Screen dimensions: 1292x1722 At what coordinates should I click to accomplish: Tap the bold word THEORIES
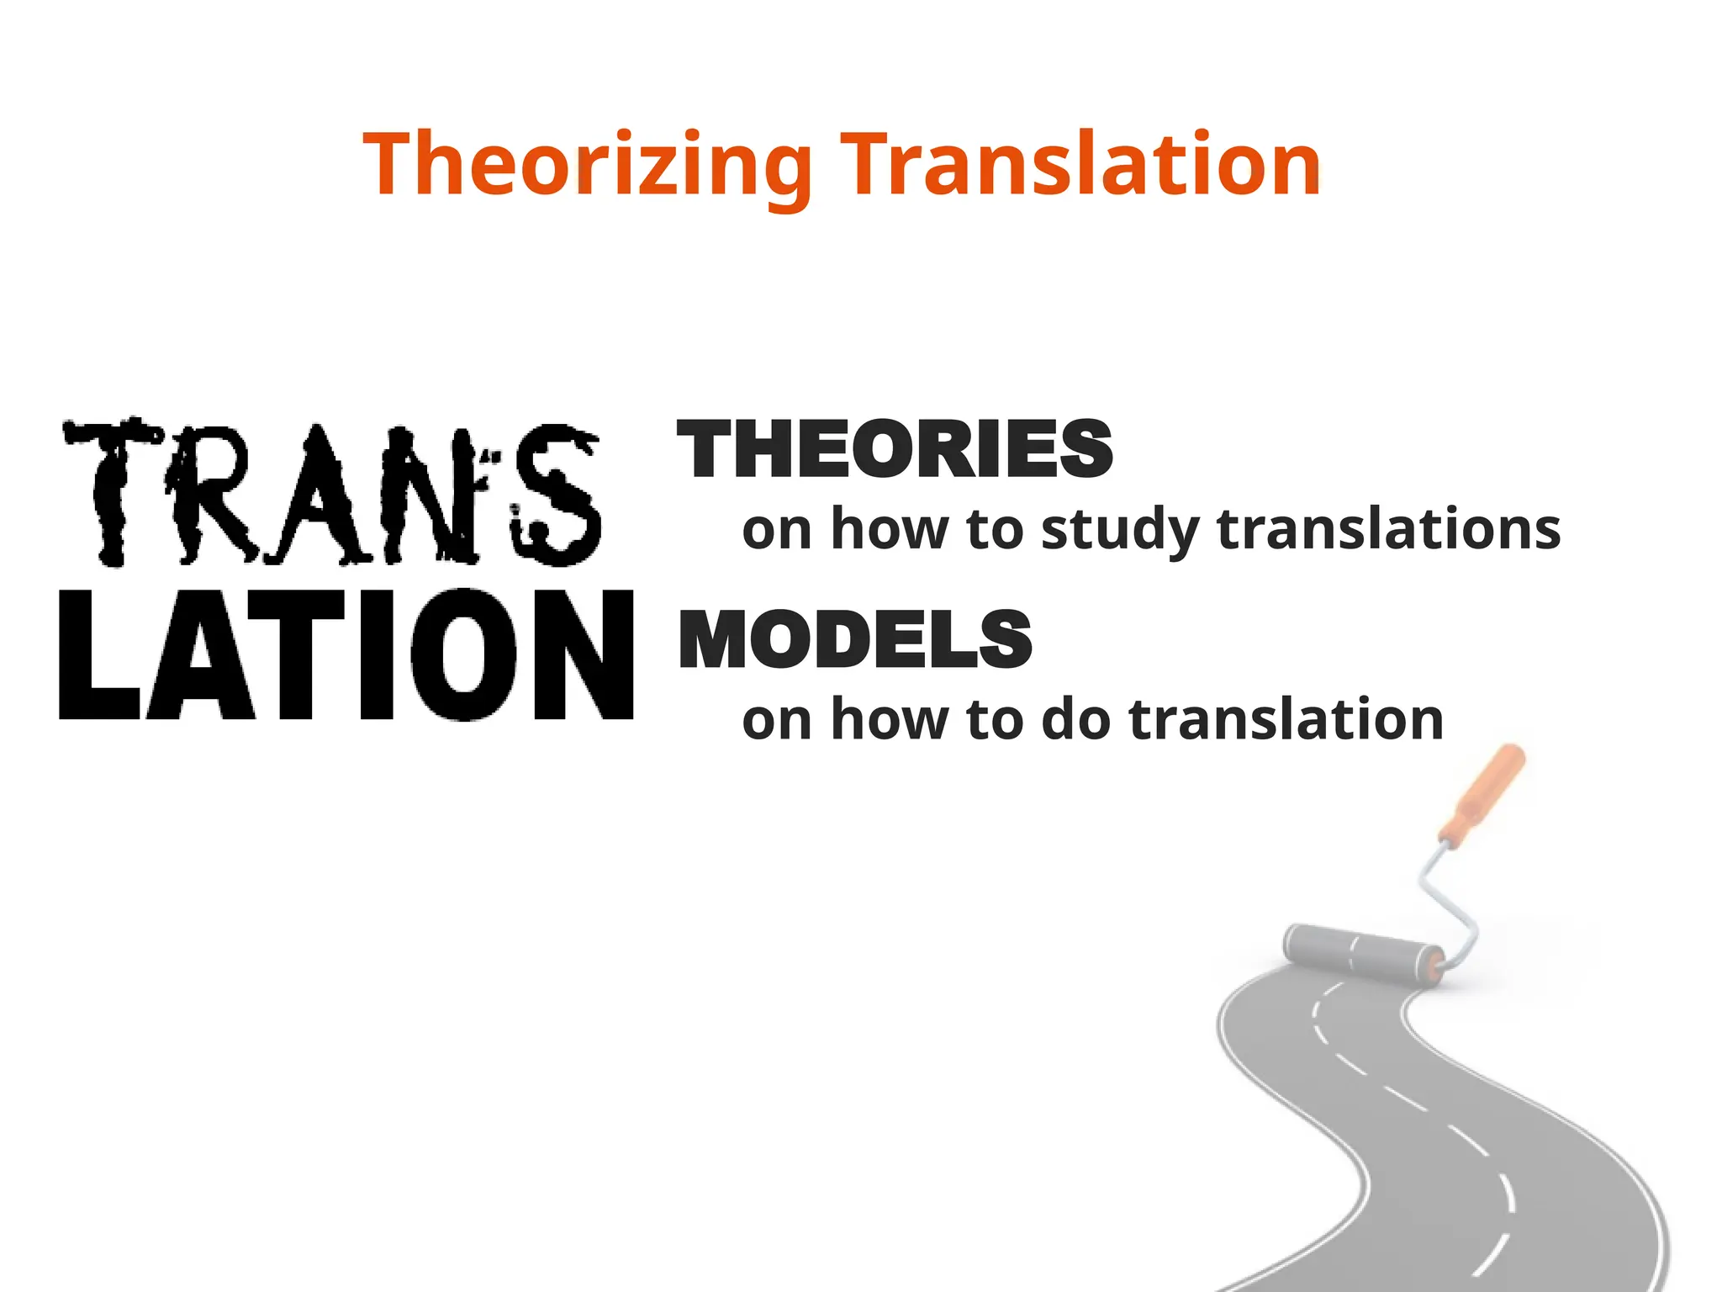895,450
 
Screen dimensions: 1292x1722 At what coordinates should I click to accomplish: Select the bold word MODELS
855,640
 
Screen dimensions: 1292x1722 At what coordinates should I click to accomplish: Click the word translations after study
1388,530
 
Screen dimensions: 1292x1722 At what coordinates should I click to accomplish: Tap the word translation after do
1286,720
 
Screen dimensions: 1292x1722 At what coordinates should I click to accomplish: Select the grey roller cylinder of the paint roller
1363,953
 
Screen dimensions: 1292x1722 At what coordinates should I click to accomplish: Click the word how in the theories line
890,530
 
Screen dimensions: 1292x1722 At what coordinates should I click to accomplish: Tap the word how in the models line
890,720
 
